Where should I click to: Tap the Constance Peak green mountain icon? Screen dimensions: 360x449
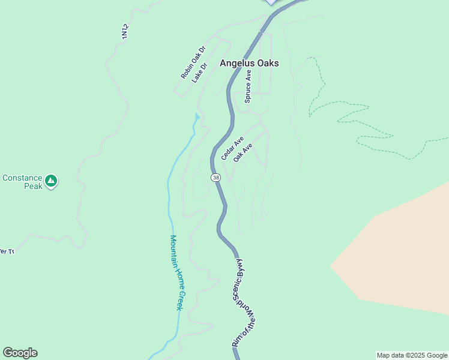pyautogui.click(x=51, y=179)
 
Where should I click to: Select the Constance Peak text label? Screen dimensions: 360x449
pyautogui.click(x=22, y=182)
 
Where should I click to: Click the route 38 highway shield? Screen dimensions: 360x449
pyautogui.click(x=215, y=178)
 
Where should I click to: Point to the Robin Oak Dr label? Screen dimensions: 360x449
pyautogui.click(x=193, y=62)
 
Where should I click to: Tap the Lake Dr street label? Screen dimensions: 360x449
pyautogui.click(x=199, y=72)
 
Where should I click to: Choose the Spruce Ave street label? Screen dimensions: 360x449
pyautogui.click(x=248, y=86)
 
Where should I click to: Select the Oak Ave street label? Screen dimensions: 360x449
pyautogui.click(x=243, y=152)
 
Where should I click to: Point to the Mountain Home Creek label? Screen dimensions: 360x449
pyautogui.click(x=175, y=272)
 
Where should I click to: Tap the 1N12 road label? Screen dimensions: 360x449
pyautogui.click(x=125, y=32)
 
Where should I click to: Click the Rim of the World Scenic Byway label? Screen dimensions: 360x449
pyautogui.click(x=243, y=304)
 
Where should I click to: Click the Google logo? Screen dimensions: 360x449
pyautogui.click(x=20, y=353)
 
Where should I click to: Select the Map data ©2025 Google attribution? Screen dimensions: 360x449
pyautogui.click(x=412, y=355)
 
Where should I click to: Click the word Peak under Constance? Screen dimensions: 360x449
pyautogui.click(x=34, y=187)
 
